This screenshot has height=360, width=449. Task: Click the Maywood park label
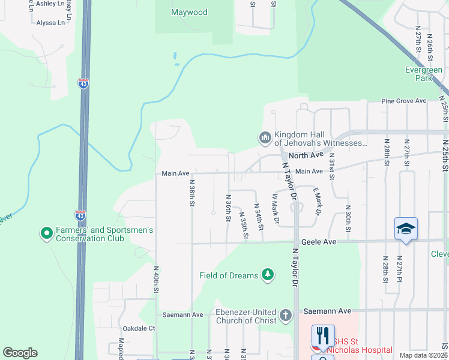(189, 12)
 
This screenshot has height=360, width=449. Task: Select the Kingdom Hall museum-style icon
(265, 138)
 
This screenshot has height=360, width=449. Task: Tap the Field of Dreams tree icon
(268, 275)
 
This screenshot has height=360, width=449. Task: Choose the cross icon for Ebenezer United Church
(286, 316)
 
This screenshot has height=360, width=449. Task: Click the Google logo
(20, 353)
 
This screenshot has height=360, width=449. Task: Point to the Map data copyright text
(423, 355)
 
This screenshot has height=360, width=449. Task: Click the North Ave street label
(306, 155)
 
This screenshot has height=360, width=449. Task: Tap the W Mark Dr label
(276, 209)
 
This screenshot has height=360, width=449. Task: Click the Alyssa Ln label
(50, 23)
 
